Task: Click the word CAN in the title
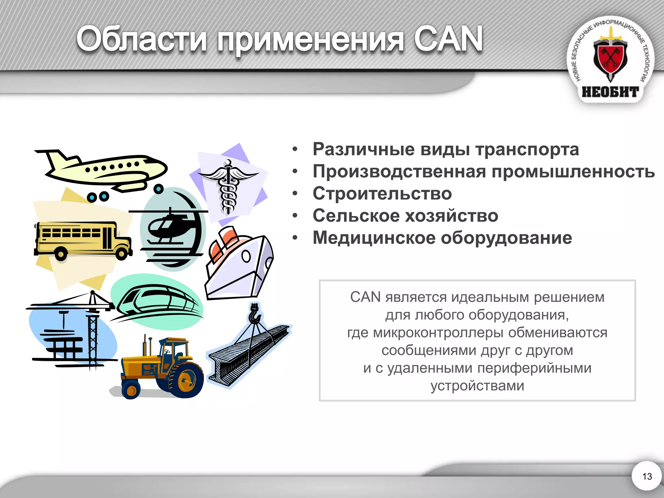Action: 448,39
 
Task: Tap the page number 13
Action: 647,476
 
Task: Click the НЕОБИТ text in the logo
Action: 610,92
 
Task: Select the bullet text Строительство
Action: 382,194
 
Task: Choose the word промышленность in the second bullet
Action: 573,171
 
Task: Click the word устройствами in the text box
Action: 477,386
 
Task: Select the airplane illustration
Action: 104,170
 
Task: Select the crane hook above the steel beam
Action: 255,314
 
